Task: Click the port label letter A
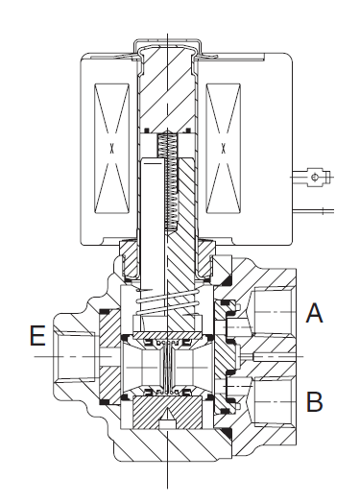[x=314, y=313]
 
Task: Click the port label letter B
[x=314, y=401]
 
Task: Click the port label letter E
[x=37, y=336]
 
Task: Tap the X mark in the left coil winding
[x=111, y=149]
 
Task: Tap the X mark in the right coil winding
[x=223, y=149]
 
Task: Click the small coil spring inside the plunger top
[x=167, y=180]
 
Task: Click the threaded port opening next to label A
[x=274, y=312]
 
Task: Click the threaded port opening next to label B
[x=274, y=401]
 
